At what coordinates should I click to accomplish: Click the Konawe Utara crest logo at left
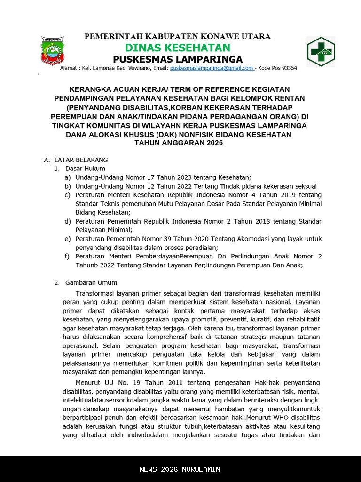[x=52, y=51]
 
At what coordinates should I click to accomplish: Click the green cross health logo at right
[x=321, y=51]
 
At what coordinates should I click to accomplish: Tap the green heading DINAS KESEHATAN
[x=177, y=48]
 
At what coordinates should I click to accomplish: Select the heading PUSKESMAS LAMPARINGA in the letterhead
[x=178, y=59]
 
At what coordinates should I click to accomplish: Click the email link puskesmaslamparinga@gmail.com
[x=212, y=68]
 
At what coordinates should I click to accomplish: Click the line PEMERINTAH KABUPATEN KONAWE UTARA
[x=177, y=37]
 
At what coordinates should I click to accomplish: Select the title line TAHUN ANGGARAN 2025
[x=179, y=143]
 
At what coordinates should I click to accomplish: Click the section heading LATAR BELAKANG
[x=81, y=160]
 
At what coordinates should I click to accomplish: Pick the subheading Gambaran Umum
[x=91, y=283]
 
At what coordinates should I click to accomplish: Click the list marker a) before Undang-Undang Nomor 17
[x=68, y=177]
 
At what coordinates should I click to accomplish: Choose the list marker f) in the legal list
[x=68, y=257]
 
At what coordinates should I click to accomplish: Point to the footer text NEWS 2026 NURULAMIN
[x=180, y=469]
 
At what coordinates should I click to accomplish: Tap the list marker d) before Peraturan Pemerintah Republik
[x=68, y=221]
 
